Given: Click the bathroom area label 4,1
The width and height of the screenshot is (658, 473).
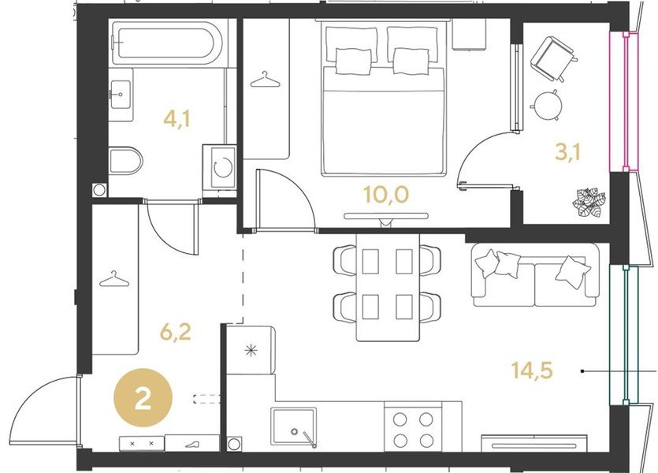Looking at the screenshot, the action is [x=177, y=119].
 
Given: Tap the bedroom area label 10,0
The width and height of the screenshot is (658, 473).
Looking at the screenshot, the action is [x=385, y=195].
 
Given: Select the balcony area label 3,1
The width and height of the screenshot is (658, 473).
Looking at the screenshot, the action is [x=568, y=152].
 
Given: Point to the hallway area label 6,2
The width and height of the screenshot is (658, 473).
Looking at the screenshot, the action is [x=176, y=332].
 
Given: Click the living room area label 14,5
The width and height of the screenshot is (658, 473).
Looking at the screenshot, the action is [x=532, y=371].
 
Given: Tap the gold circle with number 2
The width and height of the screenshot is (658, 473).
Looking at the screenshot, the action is [x=143, y=398].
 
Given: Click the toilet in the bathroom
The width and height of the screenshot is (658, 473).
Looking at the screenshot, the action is [x=125, y=160].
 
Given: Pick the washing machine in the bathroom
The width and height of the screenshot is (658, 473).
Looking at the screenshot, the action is [x=219, y=166].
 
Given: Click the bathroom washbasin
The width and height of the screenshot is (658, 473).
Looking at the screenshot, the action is [x=121, y=95].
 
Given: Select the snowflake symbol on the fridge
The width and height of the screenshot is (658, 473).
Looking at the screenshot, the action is [x=251, y=350].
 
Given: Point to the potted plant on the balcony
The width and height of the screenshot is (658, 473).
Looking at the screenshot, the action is [x=589, y=203].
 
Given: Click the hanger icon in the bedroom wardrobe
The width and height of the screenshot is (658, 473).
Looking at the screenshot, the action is [x=265, y=80].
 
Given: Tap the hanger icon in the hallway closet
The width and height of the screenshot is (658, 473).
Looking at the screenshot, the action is [x=114, y=279].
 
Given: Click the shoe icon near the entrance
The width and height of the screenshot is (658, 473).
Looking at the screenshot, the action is [x=192, y=443].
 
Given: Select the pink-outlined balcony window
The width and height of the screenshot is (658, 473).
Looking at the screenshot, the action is [x=624, y=102].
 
